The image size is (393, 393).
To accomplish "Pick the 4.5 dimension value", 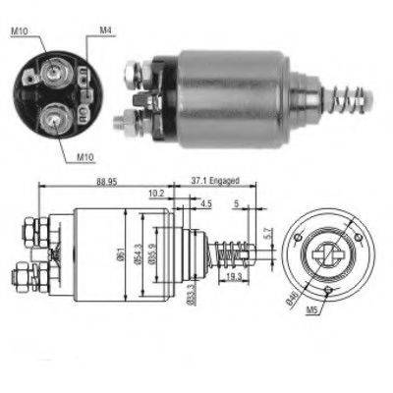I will (x=206, y=203).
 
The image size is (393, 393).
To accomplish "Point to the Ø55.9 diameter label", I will (x=153, y=257).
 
